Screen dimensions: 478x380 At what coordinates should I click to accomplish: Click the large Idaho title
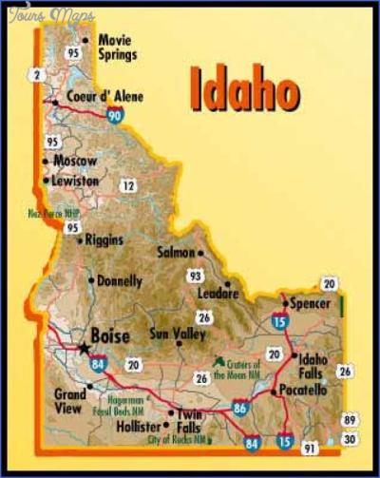pos(245,89)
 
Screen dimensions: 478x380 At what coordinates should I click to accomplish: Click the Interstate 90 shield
pos(115,116)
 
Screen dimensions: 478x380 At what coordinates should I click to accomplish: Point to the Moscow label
pos(75,161)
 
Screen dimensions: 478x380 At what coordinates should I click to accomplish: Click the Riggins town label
pos(104,239)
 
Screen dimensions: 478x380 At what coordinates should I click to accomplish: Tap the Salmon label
pos(175,254)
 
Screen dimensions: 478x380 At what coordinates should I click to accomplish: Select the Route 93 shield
pos(196,276)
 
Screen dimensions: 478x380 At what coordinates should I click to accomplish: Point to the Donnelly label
pos(119,281)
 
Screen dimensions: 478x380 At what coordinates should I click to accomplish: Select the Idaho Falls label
pos(313,365)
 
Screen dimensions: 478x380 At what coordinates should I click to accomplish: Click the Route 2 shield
pos(37,74)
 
